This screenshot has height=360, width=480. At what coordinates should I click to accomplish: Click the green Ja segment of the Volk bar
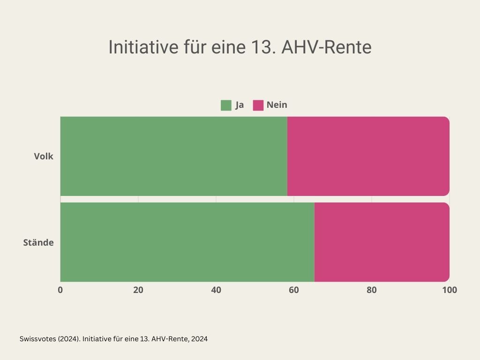(173, 156)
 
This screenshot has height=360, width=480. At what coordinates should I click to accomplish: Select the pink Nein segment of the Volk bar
(368, 156)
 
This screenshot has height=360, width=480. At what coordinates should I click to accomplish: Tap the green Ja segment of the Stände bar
(187, 242)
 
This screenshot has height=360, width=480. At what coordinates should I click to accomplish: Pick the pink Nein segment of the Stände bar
(382, 242)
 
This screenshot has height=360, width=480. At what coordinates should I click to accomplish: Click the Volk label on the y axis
(44, 157)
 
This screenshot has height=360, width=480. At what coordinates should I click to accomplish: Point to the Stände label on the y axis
(38, 243)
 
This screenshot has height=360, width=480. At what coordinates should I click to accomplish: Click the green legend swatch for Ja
(226, 105)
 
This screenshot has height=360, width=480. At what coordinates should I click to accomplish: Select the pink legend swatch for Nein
(258, 105)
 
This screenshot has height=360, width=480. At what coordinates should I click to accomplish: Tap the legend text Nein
(277, 105)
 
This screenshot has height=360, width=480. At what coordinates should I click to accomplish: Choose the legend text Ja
(240, 105)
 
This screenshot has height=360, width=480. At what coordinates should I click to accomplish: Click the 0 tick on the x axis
(60, 290)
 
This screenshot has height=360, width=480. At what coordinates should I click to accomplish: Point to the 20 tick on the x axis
(138, 290)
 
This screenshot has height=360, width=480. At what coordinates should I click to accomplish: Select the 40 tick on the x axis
(216, 290)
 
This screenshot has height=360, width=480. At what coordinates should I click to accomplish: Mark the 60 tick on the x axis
(294, 290)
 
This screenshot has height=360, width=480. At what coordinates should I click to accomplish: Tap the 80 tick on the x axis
(372, 290)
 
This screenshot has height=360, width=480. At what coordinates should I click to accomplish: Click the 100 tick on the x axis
(450, 290)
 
